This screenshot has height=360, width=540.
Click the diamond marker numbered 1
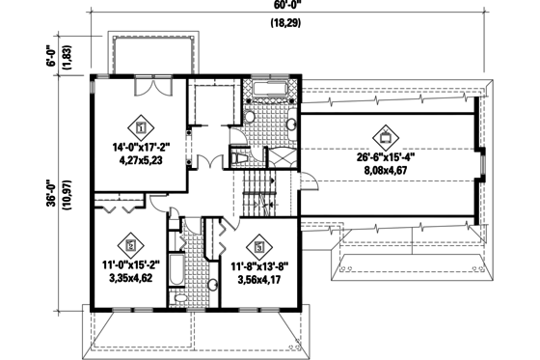tap(141, 125)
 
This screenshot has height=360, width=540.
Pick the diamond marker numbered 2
tap(130, 245)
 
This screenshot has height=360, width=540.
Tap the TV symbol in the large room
tap(389, 134)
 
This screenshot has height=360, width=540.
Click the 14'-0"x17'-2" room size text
tap(141, 147)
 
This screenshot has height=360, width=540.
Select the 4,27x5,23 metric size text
tap(141, 161)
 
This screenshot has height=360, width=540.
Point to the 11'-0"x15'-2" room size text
tap(131, 264)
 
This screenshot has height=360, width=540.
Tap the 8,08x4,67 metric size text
tap(389, 168)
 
